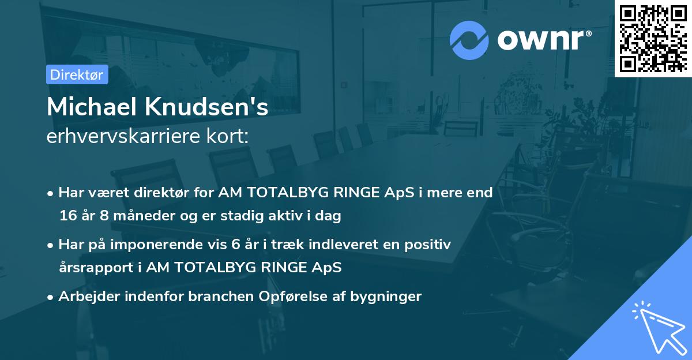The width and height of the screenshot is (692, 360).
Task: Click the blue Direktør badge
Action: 77,74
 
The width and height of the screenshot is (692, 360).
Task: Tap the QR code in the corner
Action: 653,39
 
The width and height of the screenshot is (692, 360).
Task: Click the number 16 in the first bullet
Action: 67,216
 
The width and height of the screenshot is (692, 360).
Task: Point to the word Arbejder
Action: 86,297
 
